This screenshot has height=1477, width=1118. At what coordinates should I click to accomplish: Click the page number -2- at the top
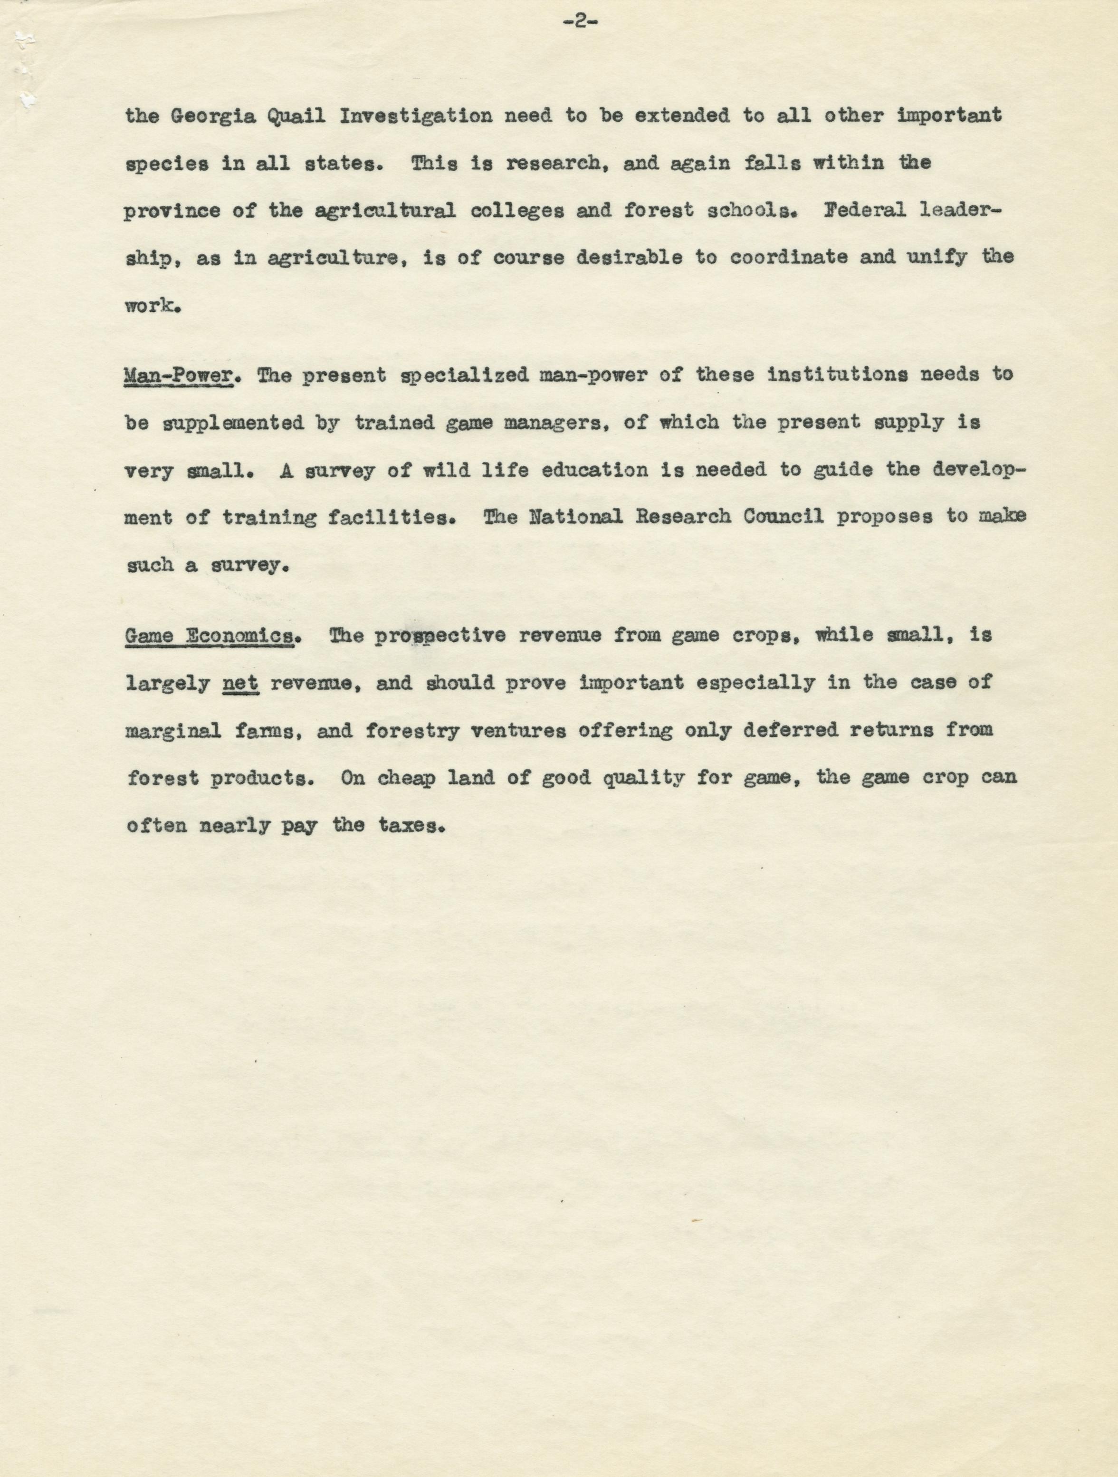click(x=579, y=22)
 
